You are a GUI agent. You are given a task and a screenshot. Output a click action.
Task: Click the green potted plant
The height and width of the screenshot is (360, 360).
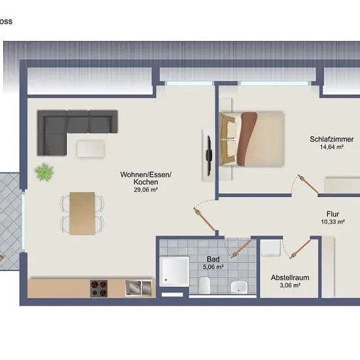coord(44,172)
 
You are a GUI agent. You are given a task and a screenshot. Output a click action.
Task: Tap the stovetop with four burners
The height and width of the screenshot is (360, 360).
coord(99,289)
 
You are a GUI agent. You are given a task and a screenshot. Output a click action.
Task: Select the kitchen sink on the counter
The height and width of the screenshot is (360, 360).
coord(139,288)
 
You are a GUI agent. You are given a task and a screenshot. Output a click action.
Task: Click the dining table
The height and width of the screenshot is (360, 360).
coord(82,213)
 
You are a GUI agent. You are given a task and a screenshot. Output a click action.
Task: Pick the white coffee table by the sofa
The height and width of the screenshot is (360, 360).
coord(91,149)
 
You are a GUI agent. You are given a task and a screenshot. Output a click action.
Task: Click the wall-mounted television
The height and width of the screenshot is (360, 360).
coord(209,155)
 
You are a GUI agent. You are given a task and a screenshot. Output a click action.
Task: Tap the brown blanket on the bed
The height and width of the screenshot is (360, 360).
coord(247,139)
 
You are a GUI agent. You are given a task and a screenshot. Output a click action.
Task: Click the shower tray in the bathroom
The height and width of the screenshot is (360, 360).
coord(174,272)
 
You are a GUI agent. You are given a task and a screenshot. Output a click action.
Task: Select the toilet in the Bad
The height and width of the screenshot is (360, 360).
coord(204,285)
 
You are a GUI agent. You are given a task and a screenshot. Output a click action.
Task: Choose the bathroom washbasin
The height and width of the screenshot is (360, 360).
coord(239,287)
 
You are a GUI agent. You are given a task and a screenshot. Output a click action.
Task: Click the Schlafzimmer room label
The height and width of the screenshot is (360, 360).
coord(332,139)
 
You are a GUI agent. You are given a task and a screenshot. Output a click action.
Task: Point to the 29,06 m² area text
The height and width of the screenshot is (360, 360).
coord(145,190)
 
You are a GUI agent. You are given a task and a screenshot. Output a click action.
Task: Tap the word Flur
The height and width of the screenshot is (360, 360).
coord(333,214)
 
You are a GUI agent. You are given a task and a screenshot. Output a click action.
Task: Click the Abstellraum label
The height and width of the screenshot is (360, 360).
coord(290,278)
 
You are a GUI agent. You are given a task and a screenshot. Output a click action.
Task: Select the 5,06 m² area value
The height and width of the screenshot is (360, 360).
coord(213,267)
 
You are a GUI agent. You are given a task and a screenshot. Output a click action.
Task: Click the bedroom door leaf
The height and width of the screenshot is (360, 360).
coord(308,184)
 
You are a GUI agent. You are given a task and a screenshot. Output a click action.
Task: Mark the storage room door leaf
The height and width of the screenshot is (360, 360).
coord(300,249)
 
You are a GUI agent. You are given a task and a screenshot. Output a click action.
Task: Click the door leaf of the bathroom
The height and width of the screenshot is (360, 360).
coord(241,248)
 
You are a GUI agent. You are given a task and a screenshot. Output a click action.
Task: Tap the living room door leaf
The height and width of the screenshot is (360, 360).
coord(204,219)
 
